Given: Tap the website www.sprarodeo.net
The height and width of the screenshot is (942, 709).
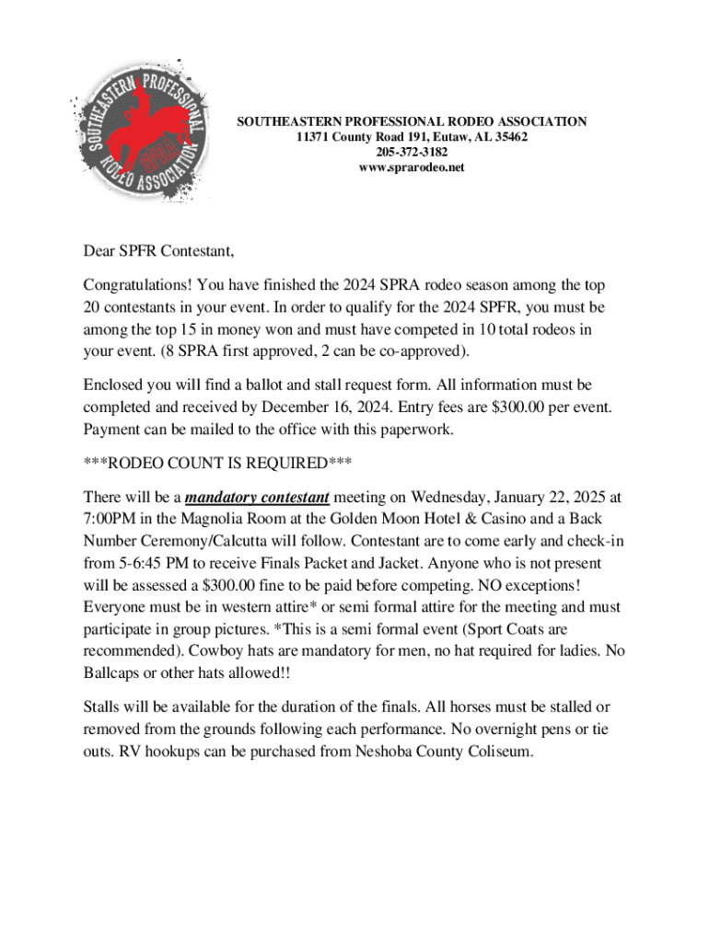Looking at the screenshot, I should [412, 168].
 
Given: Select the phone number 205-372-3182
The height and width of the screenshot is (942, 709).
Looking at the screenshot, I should [412, 153].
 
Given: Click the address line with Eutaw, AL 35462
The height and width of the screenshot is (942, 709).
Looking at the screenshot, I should [412, 137].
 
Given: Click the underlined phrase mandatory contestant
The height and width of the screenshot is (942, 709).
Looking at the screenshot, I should [257, 498].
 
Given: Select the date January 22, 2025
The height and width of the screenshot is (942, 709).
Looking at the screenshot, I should [544, 498].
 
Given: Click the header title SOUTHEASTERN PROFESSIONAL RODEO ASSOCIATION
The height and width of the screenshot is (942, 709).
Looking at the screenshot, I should [412, 121].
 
